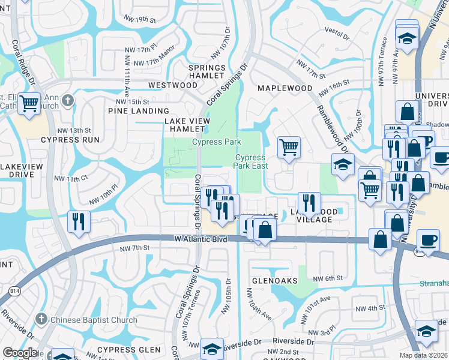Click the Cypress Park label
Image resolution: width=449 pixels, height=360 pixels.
pos(216,142)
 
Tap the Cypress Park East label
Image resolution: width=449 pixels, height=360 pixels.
pos(250,161)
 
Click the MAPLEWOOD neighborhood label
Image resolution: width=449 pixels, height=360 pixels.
pos(285,88)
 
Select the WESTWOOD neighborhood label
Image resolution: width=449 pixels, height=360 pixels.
pos(173,85)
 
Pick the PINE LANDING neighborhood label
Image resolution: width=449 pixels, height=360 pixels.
pos(139,111)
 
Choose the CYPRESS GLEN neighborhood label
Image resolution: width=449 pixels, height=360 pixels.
pos(129,350)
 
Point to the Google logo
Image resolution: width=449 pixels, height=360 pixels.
pos(20,353)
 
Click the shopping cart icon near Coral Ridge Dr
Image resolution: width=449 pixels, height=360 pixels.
pos(29,103)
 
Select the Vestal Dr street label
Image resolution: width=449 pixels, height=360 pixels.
pos(336,29)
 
